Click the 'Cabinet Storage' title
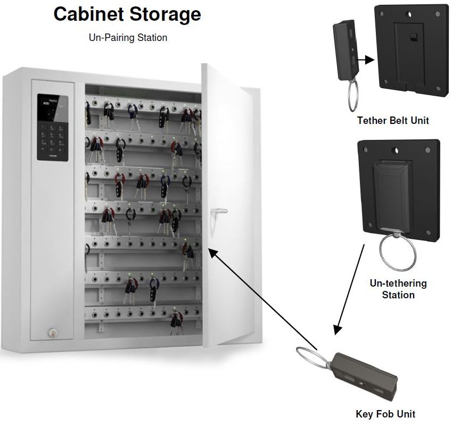pos(127,14)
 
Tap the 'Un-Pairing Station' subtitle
pos(128,38)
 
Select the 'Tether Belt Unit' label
pos(393,121)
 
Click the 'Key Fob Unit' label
pos(385,414)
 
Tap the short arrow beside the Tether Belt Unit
pos(365,61)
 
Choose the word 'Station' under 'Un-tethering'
pos(398,295)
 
